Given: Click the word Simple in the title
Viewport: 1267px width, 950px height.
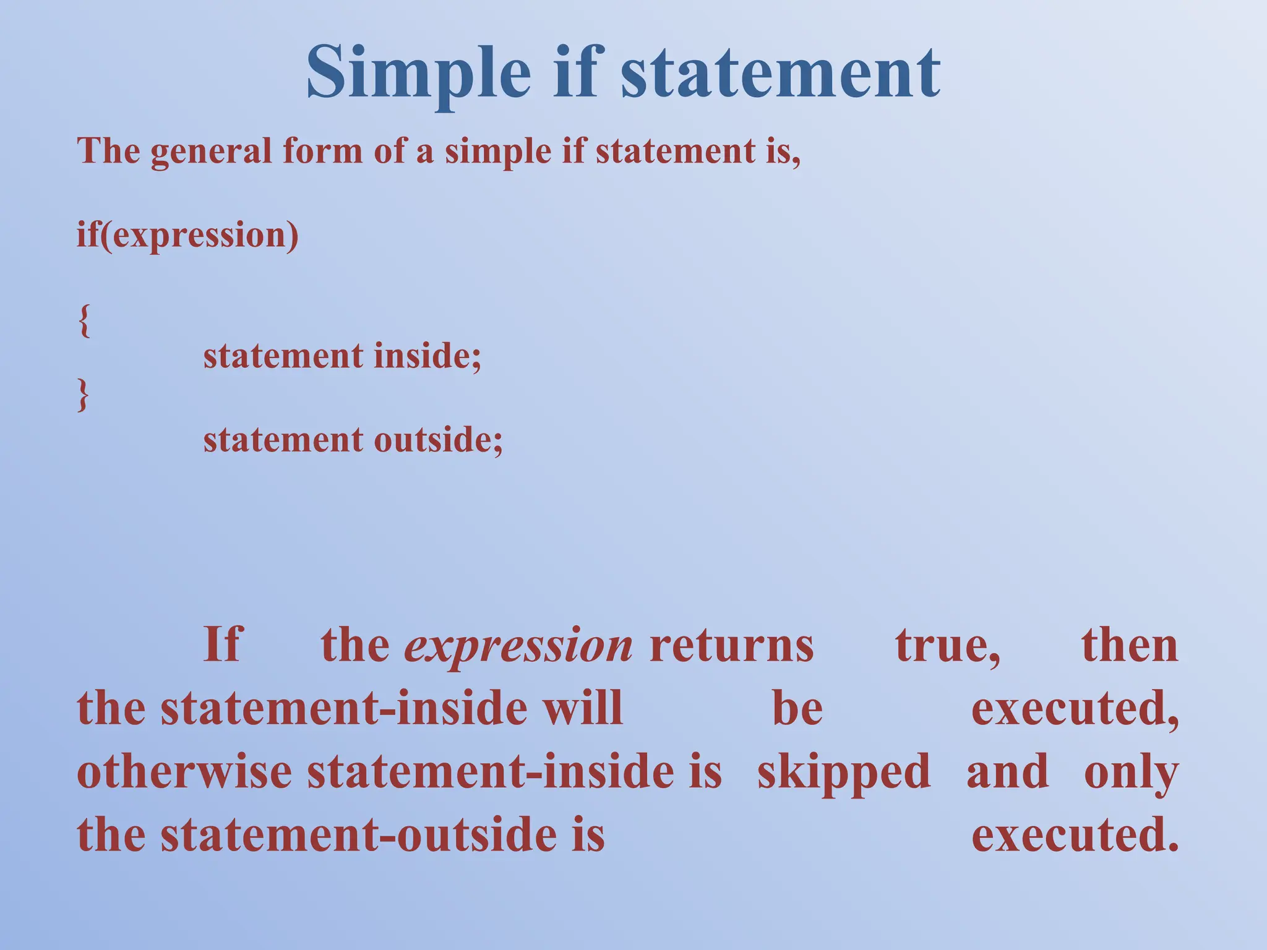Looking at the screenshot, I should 418,73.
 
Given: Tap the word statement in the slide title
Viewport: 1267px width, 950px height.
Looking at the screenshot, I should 780,73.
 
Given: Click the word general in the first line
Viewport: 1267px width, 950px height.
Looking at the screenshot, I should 211,152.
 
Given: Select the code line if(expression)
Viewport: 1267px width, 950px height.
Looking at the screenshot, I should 187,236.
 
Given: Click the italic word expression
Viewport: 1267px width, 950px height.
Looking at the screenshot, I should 518,645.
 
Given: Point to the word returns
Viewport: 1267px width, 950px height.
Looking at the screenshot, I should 732,645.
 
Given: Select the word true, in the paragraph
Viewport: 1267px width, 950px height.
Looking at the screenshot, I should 948,645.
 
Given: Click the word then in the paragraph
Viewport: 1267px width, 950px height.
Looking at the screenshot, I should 1130,645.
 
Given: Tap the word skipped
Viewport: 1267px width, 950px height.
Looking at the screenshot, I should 844,772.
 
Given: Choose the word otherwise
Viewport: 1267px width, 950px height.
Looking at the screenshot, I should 184,772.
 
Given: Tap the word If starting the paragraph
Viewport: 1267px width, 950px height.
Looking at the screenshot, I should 223,645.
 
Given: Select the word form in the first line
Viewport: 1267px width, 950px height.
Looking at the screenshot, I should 322,152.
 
